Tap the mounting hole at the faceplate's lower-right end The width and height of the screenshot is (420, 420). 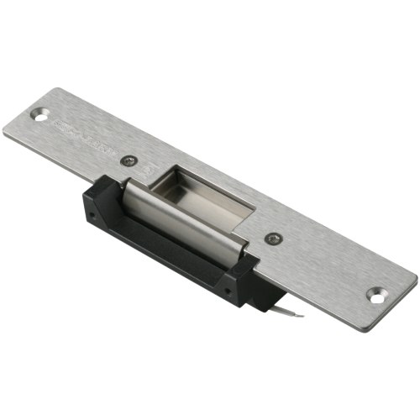pos(375,294)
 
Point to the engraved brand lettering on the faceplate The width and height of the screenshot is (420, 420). pos(84,134)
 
